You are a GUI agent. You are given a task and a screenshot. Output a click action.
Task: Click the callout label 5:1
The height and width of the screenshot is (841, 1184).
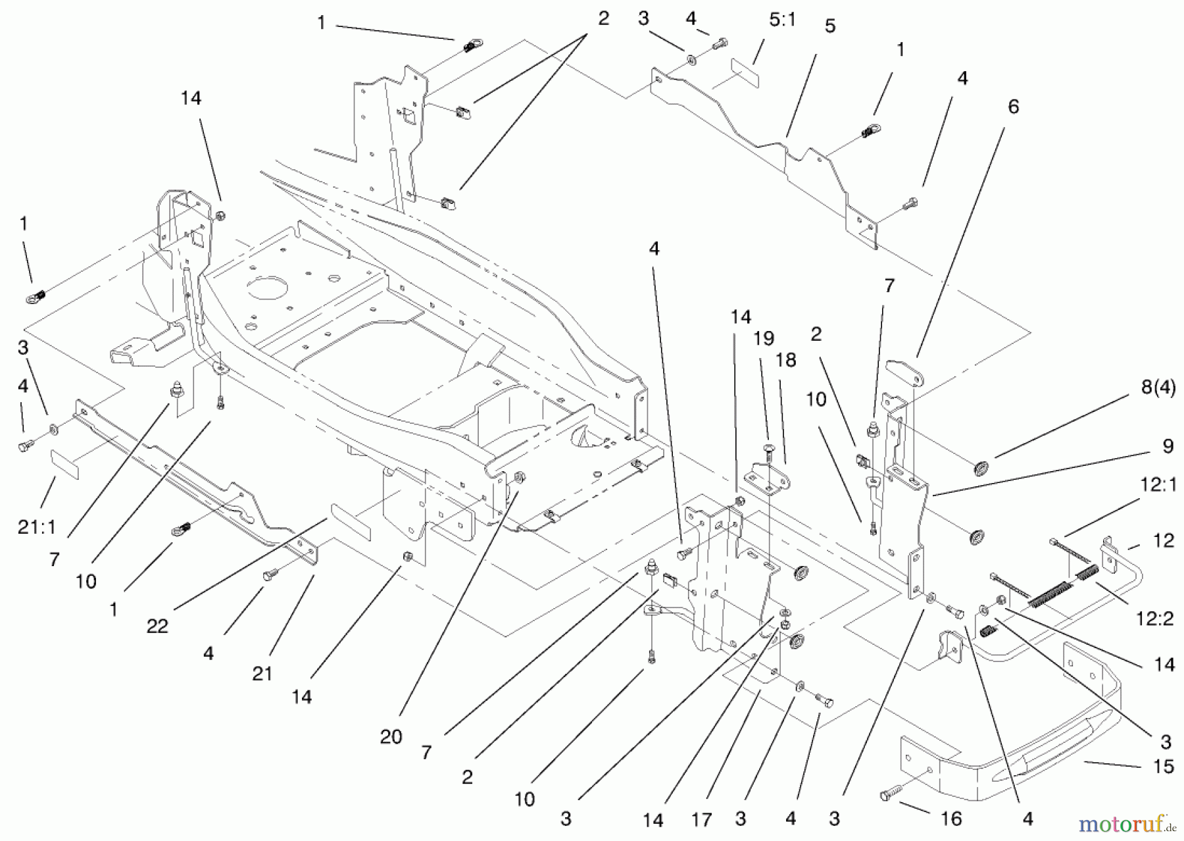coord(782,20)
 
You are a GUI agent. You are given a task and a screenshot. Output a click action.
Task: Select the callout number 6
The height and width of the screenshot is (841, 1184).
coord(1013,107)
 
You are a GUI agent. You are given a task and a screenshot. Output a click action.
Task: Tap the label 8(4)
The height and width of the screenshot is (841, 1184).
coord(1158,388)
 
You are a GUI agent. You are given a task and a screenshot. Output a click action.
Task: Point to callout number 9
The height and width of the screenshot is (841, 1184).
coord(1168,446)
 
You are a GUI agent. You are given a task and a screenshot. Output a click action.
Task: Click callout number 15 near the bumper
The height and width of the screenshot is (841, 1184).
coord(1164,767)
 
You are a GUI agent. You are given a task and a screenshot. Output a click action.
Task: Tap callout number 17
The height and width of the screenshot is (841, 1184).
coord(702,820)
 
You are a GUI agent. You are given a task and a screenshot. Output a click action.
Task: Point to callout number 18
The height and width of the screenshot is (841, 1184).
coord(786,360)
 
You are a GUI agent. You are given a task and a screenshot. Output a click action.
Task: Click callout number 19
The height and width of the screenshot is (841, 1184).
coord(763,338)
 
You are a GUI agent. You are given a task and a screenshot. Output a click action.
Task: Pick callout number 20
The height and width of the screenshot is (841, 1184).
coord(391,736)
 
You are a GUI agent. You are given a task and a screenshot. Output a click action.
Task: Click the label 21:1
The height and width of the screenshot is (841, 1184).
coord(37,526)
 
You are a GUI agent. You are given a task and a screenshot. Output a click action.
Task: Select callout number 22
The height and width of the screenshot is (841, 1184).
coord(157,626)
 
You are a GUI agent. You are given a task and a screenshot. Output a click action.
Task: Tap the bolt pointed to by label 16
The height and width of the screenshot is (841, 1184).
coord(888,796)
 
